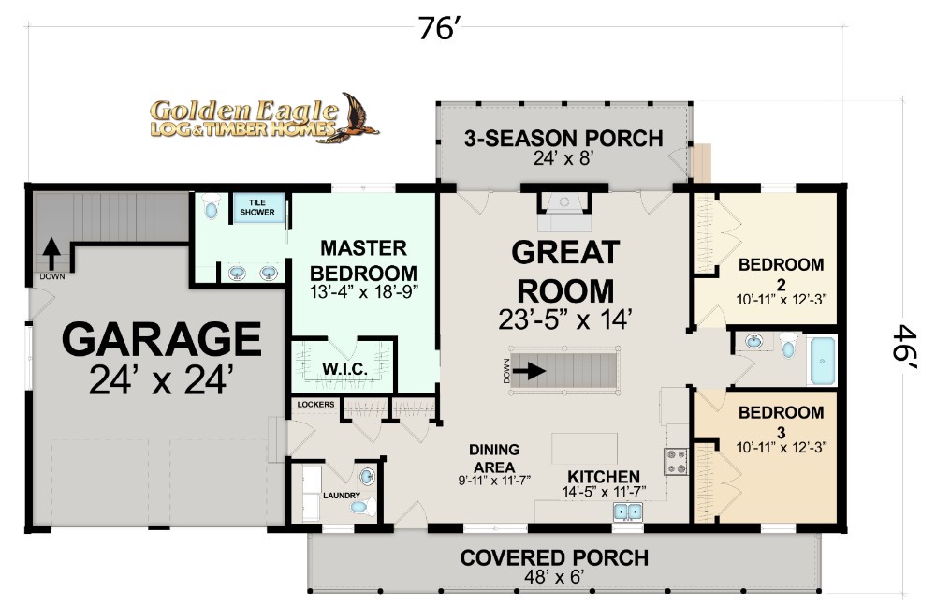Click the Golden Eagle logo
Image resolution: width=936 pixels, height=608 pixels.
(264, 118)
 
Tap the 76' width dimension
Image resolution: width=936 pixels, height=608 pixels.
(439, 28)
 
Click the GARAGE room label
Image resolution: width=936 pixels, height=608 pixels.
(161, 339)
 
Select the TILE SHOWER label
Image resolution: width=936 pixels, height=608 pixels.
(257, 207)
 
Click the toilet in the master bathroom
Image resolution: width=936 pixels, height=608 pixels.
(212, 207)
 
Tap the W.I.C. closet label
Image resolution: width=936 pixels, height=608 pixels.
(344, 368)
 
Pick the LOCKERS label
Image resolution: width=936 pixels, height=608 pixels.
(315, 405)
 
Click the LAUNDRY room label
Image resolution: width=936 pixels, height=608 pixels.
(342, 496)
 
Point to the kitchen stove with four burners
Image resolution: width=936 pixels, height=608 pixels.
(675, 462)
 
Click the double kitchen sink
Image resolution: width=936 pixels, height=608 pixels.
(627, 512)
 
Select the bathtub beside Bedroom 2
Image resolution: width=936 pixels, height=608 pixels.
(822, 360)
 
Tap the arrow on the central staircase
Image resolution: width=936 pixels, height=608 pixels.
(529, 371)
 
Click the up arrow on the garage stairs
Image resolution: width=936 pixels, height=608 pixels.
(51, 254)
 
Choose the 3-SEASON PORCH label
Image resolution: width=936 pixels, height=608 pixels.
(563, 139)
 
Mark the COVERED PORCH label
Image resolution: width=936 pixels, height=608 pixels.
(554, 557)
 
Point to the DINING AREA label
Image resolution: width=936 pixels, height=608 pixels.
(494, 458)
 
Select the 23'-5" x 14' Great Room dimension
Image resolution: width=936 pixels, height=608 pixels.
(564, 319)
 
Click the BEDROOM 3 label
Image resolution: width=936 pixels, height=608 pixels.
(781, 422)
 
